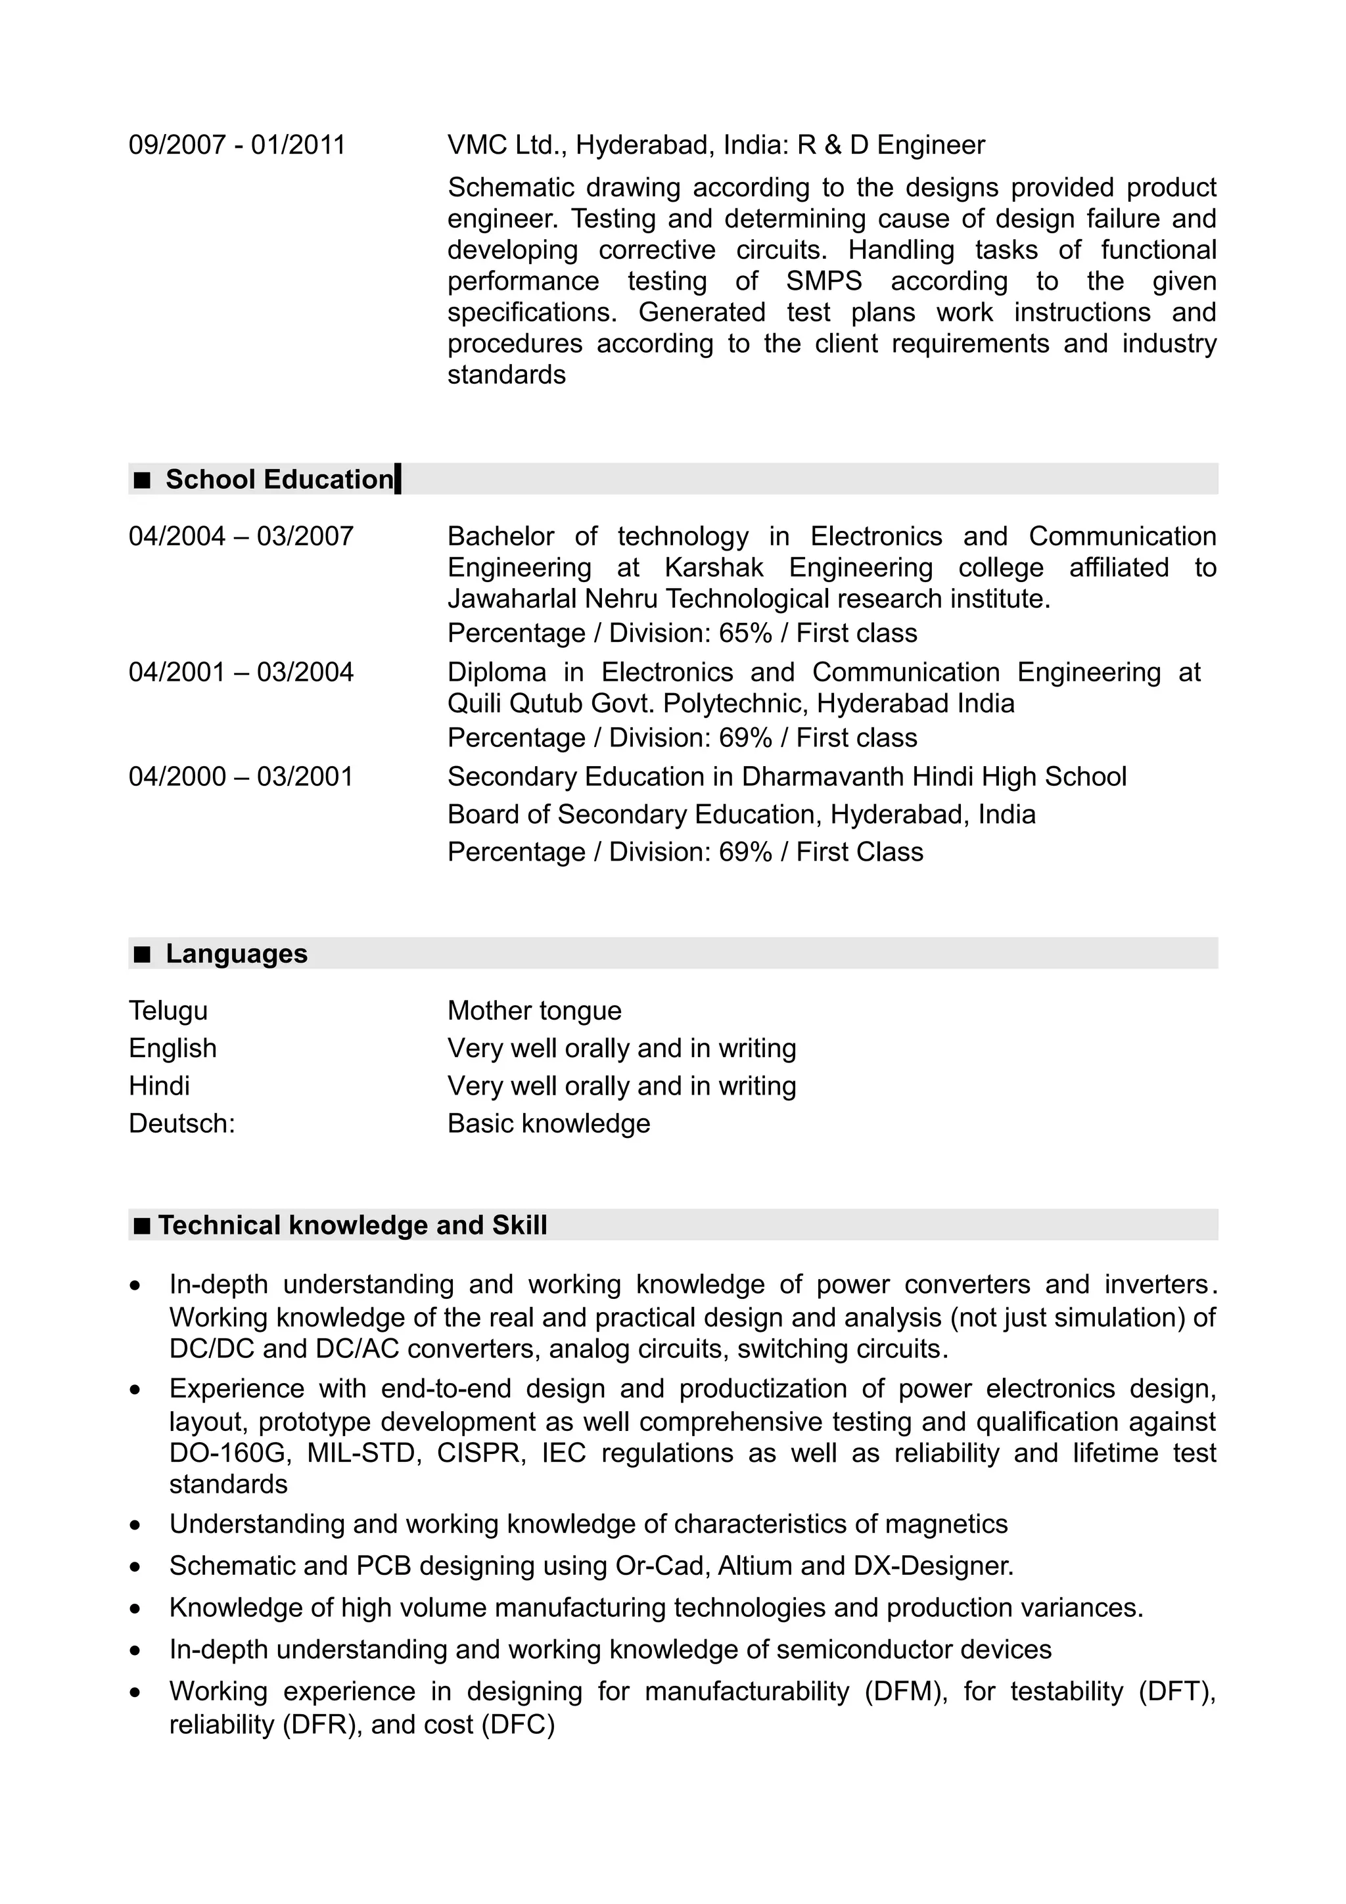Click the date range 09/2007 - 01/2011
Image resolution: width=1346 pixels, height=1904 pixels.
pos(237,145)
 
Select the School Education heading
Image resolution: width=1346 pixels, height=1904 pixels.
pos(279,480)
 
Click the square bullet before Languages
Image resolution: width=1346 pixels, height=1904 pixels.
pos(143,955)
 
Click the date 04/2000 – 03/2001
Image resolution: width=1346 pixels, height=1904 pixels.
pos(241,777)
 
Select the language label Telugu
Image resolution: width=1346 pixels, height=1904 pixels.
pos(168,1011)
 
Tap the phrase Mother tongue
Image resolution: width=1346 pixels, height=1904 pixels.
pos(534,1011)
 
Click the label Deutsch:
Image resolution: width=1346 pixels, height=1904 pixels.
pos(181,1123)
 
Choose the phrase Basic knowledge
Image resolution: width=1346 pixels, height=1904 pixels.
pos(548,1123)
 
